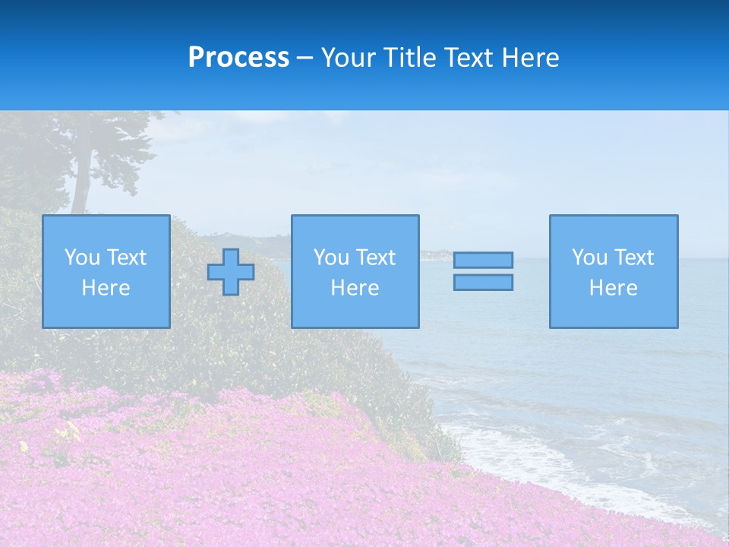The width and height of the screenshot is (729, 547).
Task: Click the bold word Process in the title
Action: click(238, 58)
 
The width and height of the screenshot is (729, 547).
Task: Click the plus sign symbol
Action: click(231, 272)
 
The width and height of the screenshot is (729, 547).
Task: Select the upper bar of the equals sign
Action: click(483, 260)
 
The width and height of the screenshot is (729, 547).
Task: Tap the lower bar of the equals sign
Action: click(483, 282)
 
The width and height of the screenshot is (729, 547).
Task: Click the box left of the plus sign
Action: click(106, 271)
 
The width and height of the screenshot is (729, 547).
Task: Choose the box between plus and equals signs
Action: click(355, 271)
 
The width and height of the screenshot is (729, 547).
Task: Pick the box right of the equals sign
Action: click(613, 271)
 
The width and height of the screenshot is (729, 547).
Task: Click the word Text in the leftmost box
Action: click(126, 258)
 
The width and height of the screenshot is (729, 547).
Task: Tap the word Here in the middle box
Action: click(355, 288)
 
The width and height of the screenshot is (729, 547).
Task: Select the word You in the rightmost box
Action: click(589, 258)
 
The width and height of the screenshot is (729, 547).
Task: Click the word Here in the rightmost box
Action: click(613, 288)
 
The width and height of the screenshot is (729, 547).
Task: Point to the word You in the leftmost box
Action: click(82, 258)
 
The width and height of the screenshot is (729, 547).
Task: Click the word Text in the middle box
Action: click(375, 258)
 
